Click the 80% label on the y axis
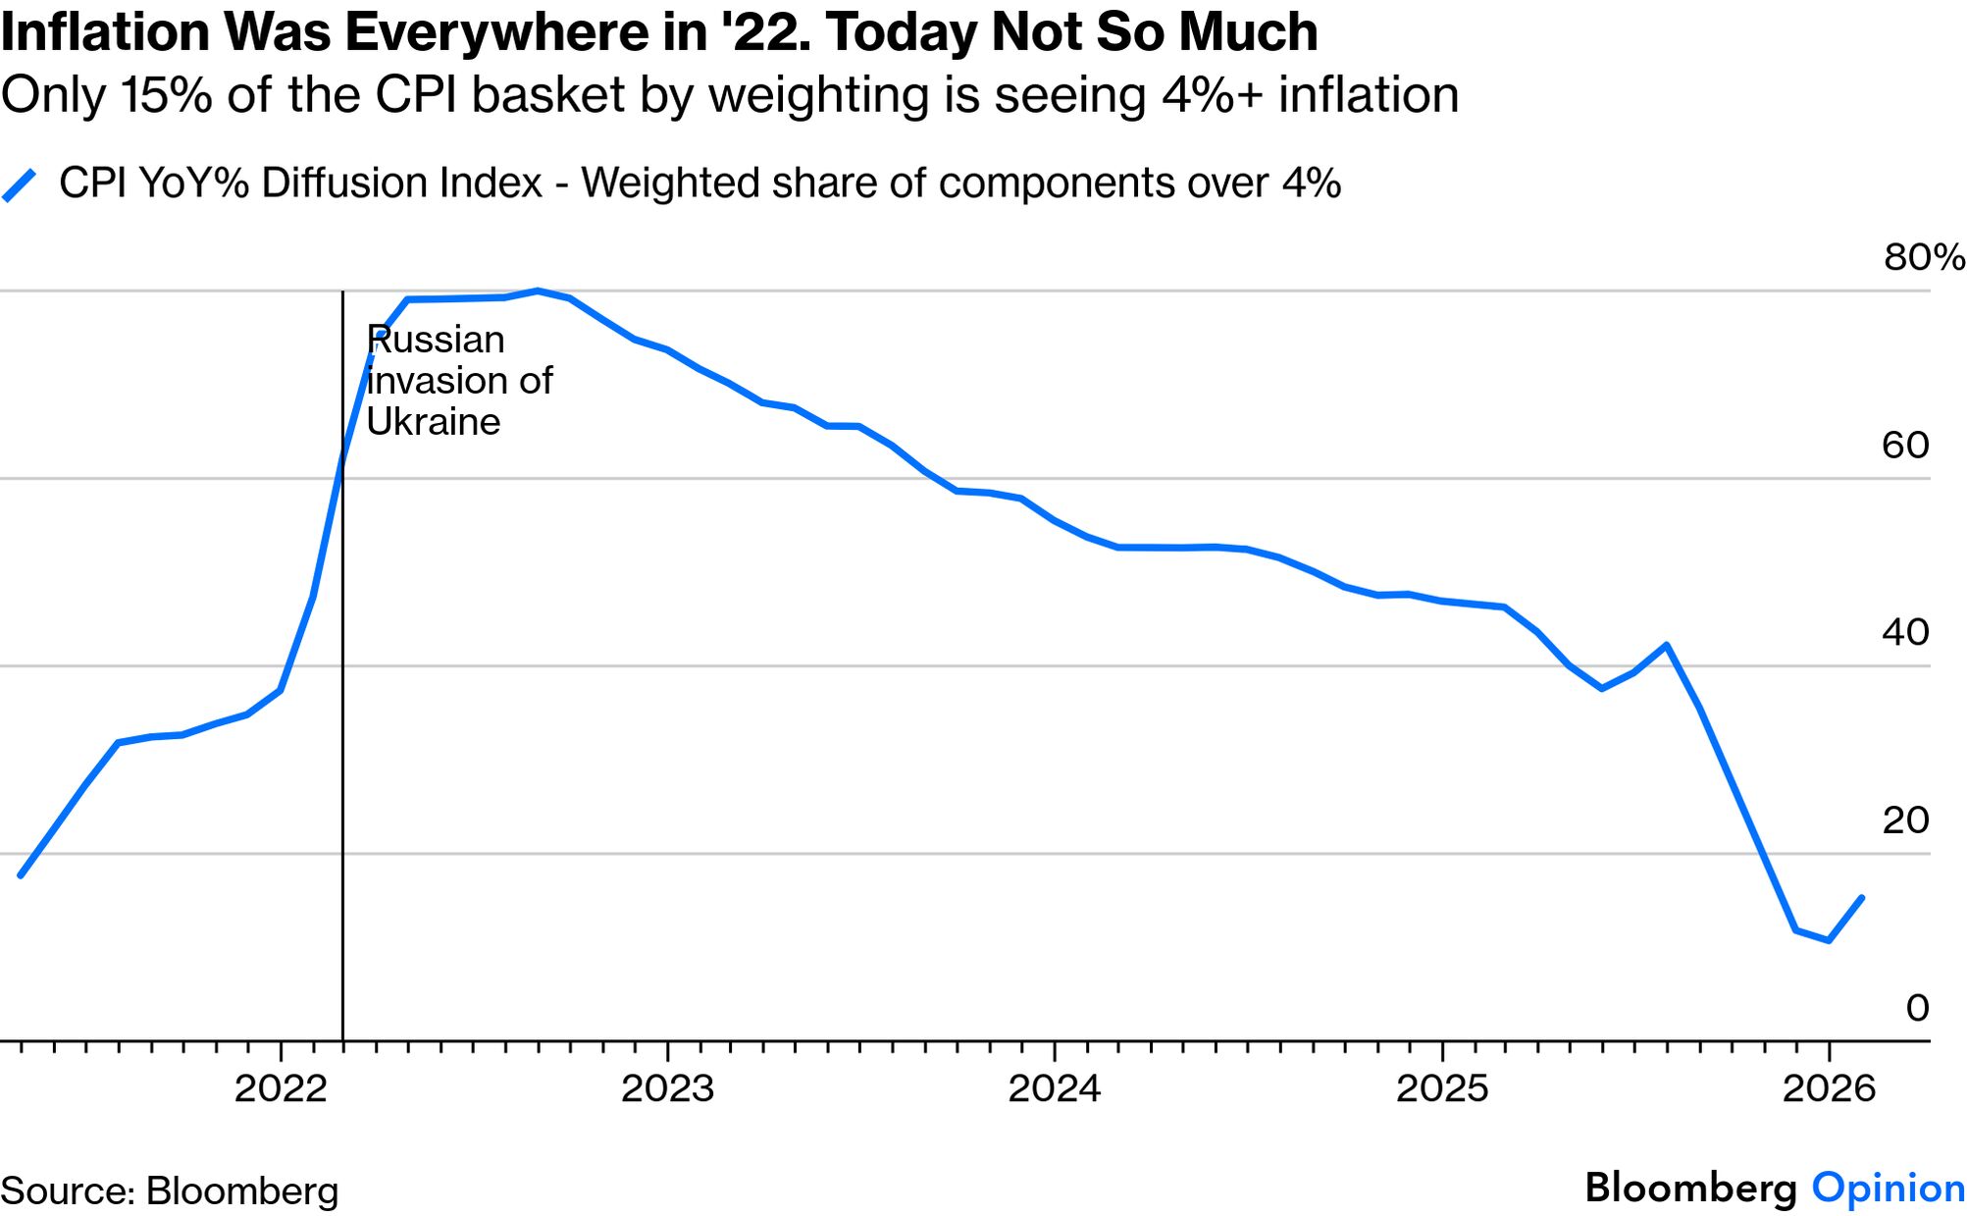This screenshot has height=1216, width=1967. click(x=1923, y=257)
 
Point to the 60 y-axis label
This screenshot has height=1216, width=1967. click(x=1905, y=446)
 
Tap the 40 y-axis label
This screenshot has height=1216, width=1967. click(x=1905, y=633)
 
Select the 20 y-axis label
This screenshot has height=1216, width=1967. click(x=1905, y=820)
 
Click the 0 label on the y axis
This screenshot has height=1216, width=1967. click(x=1917, y=1008)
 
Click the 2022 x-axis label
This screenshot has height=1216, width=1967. click(x=281, y=1089)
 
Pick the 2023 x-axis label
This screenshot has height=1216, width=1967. click(x=667, y=1089)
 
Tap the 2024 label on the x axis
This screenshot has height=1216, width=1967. click(x=1055, y=1089)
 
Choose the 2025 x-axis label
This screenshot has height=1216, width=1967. click(x=1442, y=1089)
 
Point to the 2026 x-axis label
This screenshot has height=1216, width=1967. click(x=1829, y=1089)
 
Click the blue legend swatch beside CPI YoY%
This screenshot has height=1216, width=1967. click(x=20, y=185)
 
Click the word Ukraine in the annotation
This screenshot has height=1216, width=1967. click(x=434, y=422)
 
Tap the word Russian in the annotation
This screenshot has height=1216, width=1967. click(x=437, y=341)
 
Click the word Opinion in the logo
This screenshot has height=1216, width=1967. click(x=1888, y=1189)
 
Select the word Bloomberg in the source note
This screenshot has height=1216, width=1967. click(x=241, y=1191)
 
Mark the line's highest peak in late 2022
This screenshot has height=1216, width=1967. click(x=538, y=291)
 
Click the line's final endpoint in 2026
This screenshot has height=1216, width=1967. click(x=1861, y=897)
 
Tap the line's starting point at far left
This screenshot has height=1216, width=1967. click(x=21, y=875)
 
